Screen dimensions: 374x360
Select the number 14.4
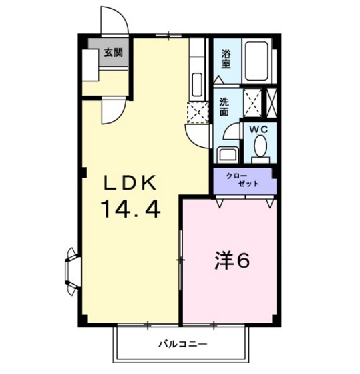point(132,211)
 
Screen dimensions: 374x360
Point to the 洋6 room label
point(232,261)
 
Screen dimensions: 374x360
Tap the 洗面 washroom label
point(225,108)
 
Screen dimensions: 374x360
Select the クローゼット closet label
point(244,180)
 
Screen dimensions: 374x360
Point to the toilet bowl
point(260,146)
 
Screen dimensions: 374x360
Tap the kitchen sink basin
point(198,85)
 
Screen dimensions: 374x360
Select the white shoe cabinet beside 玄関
point(89,63)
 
